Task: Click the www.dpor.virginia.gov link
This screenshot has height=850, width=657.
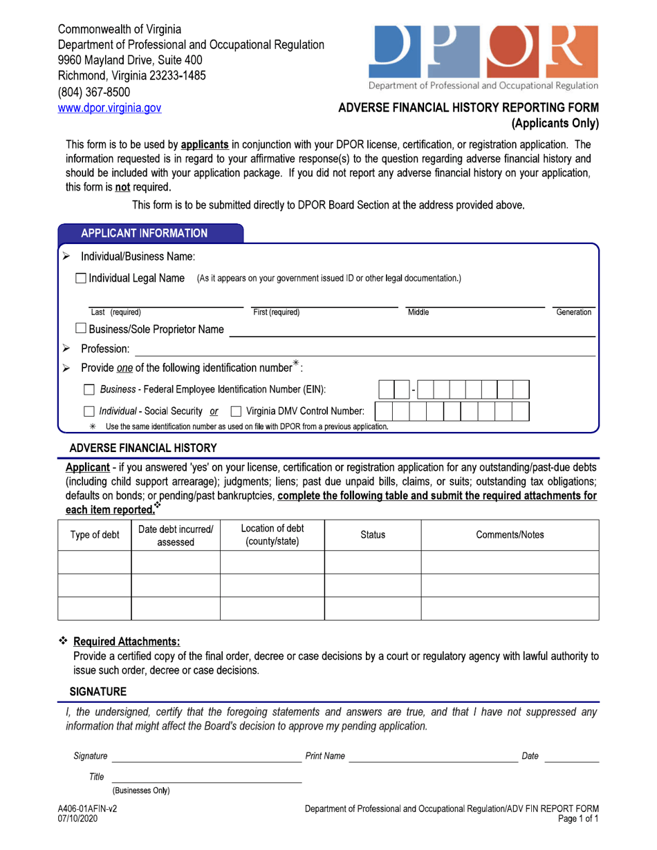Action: pos(109,108)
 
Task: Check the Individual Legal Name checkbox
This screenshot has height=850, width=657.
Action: pos(81,278)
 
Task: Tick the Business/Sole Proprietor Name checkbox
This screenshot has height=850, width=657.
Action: pos(81,330)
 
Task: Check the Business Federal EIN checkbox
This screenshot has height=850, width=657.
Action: pos(89,390)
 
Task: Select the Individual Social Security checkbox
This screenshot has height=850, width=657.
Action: pos(89,412)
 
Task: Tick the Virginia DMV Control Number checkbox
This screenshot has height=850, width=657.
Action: pos(235,412)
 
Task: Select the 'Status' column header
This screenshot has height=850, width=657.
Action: pos(373,535)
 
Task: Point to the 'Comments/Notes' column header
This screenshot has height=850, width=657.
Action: pos(510,535)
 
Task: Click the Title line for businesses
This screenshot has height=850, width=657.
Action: pos(206,777)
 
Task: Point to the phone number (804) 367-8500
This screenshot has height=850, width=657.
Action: pos(93,92)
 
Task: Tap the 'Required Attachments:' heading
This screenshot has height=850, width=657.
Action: pos(127,641)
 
